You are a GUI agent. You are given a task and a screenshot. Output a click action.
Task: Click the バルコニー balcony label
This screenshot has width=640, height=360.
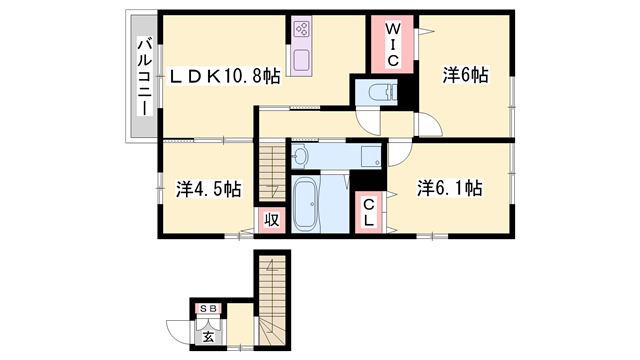pyautogui.click(x=143, y=77)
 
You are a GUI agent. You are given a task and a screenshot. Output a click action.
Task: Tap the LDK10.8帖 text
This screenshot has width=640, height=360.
pyautogui.click(x=224, y=77)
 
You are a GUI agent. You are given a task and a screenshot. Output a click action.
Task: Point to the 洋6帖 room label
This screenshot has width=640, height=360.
pyautogui.click(x=465, y=74)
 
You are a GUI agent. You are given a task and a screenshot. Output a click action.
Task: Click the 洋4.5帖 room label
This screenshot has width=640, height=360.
pyautogui.click(x=209, y=188)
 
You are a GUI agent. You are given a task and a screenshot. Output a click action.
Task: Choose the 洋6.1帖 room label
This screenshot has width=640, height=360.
pyautogui.click(x=451, y=187)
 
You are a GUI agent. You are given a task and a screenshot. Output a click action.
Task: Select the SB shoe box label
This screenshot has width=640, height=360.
pyautogui.click(x=209, y=309)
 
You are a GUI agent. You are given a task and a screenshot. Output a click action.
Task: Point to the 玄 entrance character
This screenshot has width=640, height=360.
pyautogui.click(x=208, y=335)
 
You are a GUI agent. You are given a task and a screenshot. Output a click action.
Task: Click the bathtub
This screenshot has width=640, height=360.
pyautogui.click(x=305, y=205)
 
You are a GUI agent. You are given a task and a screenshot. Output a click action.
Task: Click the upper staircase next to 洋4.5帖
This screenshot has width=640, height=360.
pyautogui.click(x=271, y=171)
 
